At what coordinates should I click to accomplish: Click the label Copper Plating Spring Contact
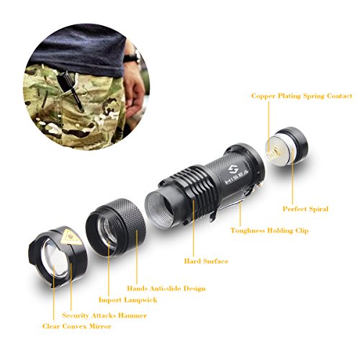[x=302, y=96]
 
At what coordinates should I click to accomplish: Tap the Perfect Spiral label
[x=305, y=209]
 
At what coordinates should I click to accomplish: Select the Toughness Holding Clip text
[x=269, y=230]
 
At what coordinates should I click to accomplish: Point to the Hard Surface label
[x=206, y=261]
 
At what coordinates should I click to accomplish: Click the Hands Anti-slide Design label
[x=166, y=288]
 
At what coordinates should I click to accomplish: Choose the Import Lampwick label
[x=128, y=300]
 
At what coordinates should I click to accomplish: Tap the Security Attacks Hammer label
[x=104, y=315]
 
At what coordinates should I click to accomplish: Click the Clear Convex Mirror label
[x=76, y=326]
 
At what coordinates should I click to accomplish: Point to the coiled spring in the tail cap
[x=273, y=153]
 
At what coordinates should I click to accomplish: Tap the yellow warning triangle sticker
[x=71, y=238]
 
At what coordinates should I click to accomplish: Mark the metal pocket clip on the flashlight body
[x=233, y=201]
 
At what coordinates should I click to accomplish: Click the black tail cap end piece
[x=287, y=146]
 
